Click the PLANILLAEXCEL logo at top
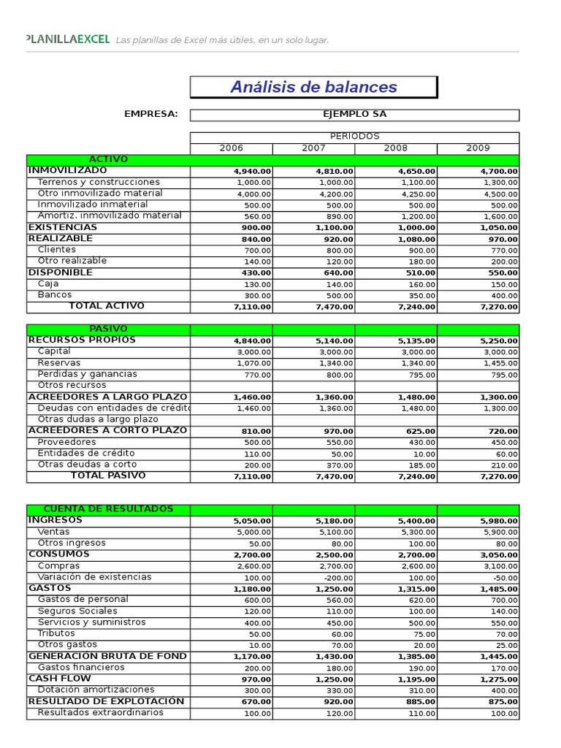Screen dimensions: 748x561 (67, 39)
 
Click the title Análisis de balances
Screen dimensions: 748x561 (313, 87)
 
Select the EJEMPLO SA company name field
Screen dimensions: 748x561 (354, 115)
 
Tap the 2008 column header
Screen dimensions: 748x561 (395, 148)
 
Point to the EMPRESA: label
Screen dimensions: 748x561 (151, 115)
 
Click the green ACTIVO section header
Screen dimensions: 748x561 (108, 159)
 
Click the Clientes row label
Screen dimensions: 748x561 (56, 250)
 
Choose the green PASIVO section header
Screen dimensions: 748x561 (108, 329)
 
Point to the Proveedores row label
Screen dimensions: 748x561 (66, 442)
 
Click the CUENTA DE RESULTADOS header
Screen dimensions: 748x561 (108, 509)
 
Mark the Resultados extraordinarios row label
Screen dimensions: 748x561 (100, 713)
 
